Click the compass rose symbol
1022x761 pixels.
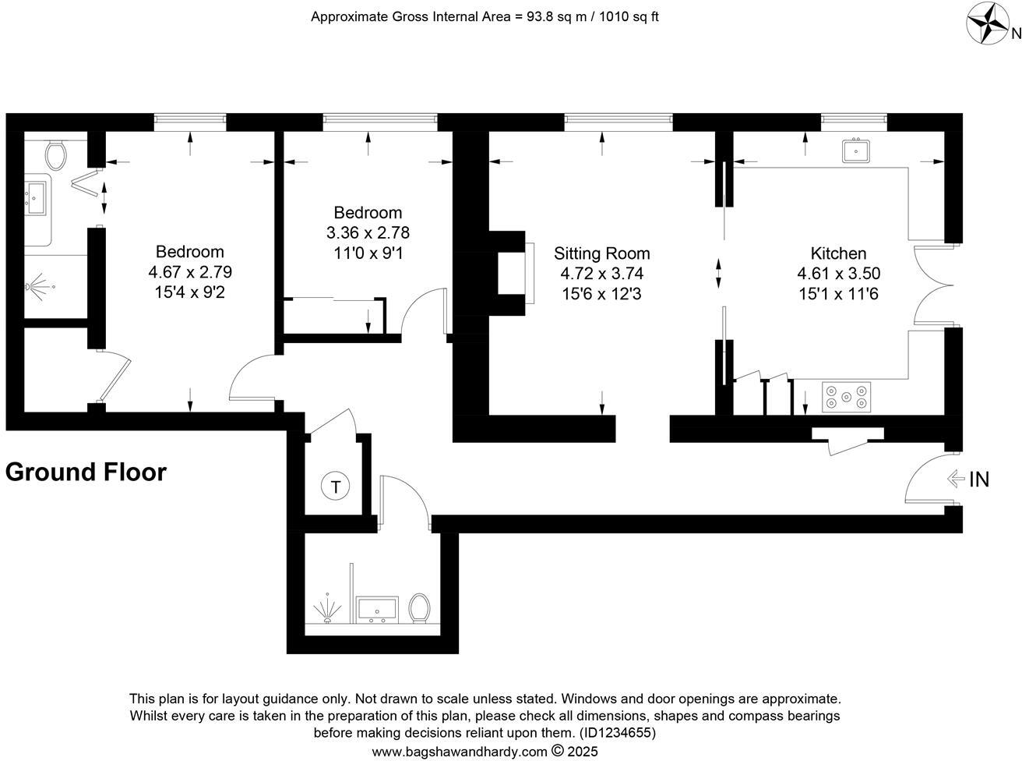pyautogui.click(x=988, y=23)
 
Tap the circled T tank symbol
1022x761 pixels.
pyautogui.click(x=336, y=487)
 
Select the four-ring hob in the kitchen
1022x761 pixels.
pyautogui.click(x=847, y=396)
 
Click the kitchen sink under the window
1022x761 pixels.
pyautogui.click(x=855, y=150)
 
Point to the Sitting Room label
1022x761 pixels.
pyautogui.click(x=601, y=253)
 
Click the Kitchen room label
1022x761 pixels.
pyautogui.click(x=838, y=253)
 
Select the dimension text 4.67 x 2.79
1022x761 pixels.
pyautogui.click(x=190, y=272)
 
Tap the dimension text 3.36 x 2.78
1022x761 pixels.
pyautogui.click(x=368, y=232)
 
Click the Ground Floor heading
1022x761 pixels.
pyautogui.click(x=86, y=473)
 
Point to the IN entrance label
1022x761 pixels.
pyautogui.click(x=978, y=480)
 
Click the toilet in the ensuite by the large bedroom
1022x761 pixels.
pyautogui.click(x=55, y=155)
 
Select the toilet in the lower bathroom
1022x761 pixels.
pyautogui.click(x=420, y=608)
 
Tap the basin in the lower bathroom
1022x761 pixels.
pyautogui.click(x=377, y=609)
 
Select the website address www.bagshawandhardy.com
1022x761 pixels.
pyautogui.click(x=460, y=752)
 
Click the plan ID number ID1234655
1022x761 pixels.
pyautogui.click(x=616, y=733)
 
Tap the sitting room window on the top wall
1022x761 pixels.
pyautogui.click(x=618, y=121)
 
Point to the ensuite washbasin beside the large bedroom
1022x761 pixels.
pyautogui.click(x=37, y=199)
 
